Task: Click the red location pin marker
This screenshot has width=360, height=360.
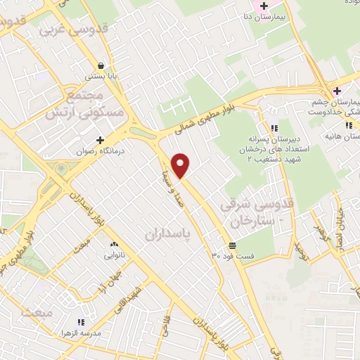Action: pos(181,165)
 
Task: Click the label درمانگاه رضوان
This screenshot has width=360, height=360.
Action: pos(101,150)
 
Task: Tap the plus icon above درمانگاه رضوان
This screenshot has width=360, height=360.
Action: pos(101,140)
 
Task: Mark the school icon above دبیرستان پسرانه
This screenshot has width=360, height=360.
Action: pos(274,127)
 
